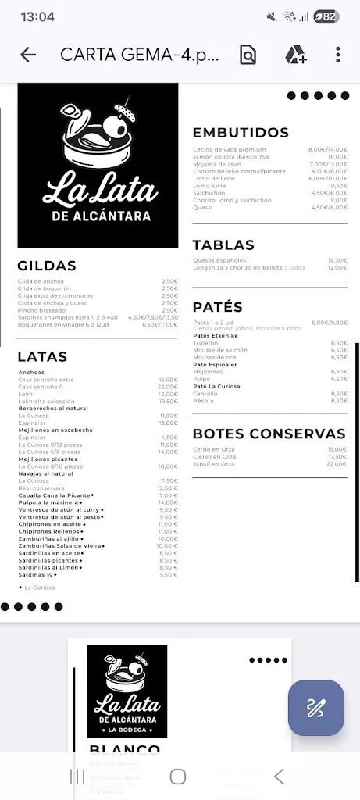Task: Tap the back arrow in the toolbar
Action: click(28, 55)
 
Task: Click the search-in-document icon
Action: click(248, 55)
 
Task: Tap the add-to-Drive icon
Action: click(295, 55)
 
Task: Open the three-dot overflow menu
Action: click(337, 55)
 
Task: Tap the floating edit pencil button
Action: click(315, 708)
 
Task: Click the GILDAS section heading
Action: click(47, 266)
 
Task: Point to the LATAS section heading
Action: click(42, 356)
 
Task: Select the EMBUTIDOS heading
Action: click(241, 133)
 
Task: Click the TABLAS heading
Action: click(223, 245)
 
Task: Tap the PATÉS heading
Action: click(217, 307)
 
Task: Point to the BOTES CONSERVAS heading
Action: click(269, 434)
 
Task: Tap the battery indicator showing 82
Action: click(326, 16)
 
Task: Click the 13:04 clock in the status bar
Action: click(37, 16)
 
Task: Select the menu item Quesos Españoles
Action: click(219, 260)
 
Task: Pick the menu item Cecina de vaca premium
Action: click(230, 149)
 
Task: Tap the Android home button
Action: click(178, 776)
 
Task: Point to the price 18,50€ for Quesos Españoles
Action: click(337, 260)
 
